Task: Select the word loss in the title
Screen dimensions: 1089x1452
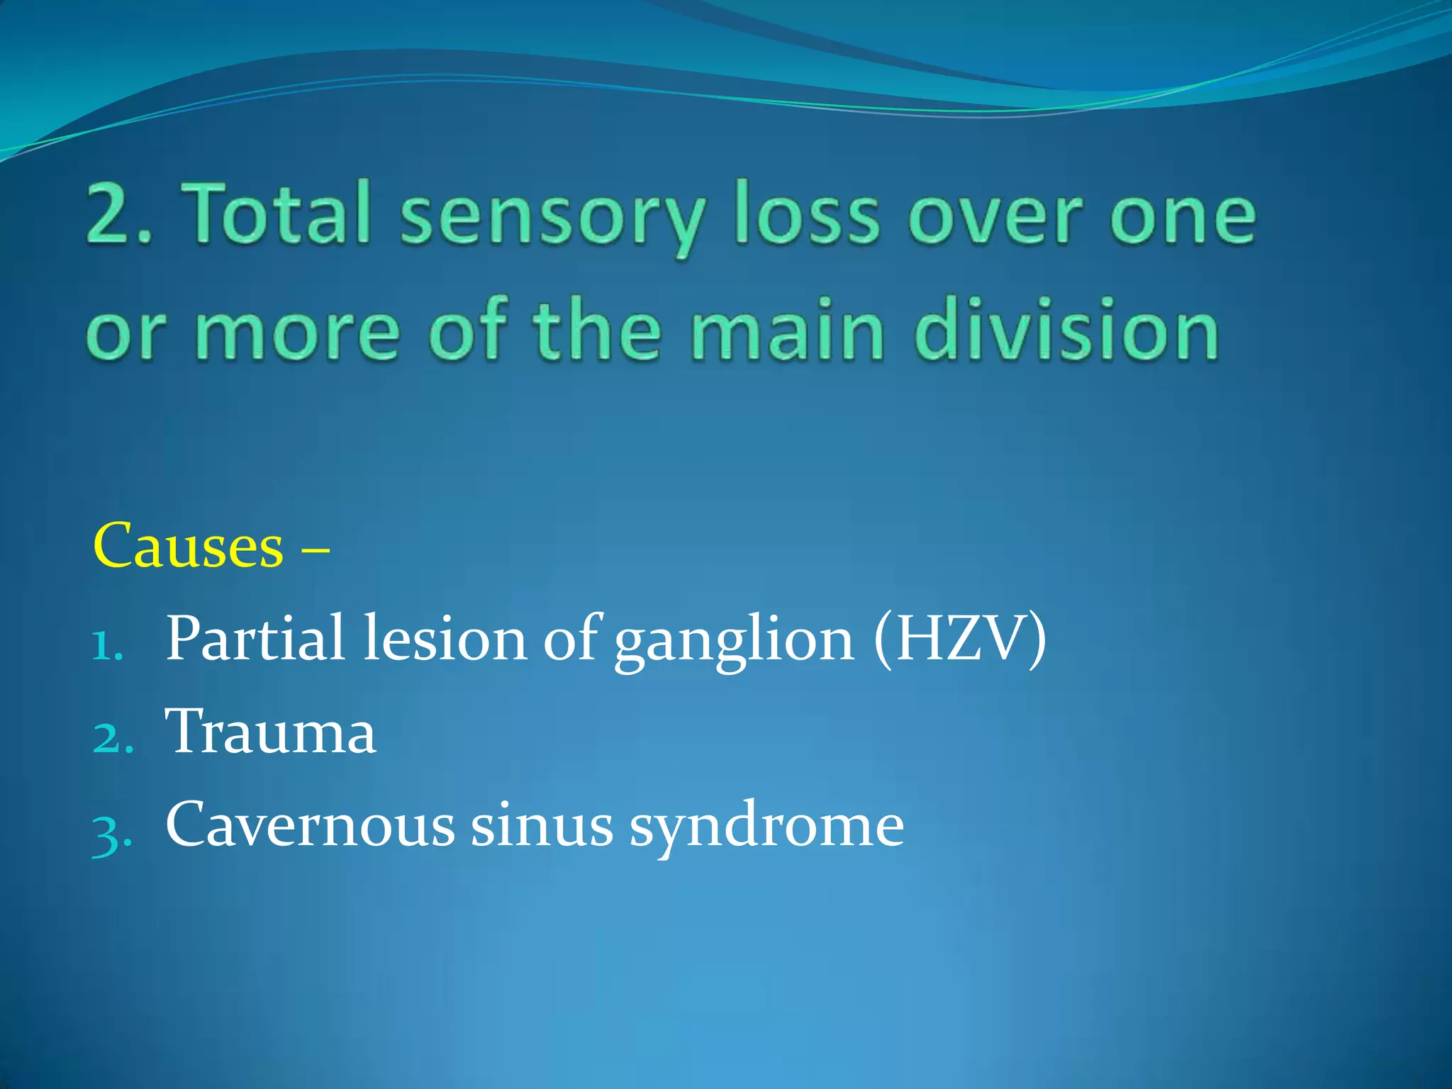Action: tap(807, 213)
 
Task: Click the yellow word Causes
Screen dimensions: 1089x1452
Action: tap(188, 546)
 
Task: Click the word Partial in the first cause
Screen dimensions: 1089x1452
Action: tap(255, 638)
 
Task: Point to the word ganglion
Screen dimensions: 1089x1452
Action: tap(734, 642)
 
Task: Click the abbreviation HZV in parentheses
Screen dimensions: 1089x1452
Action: tap(961, 638)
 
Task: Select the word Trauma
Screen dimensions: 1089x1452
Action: tap(270, 731)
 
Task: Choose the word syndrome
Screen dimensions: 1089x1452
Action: tap(766, 828)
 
